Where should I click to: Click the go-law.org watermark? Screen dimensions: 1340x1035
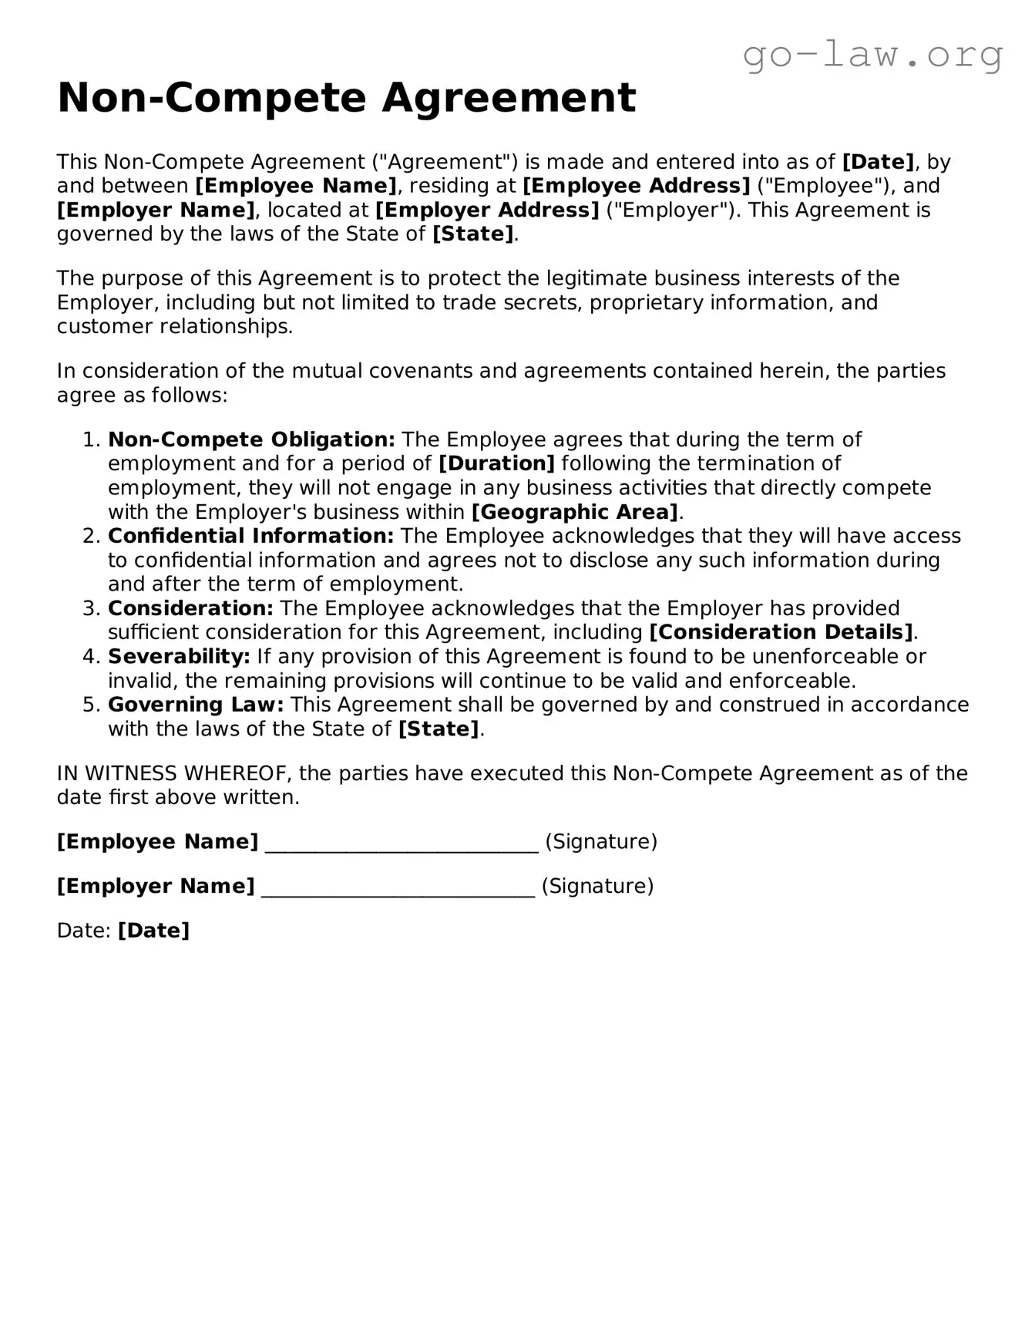click(872, 55)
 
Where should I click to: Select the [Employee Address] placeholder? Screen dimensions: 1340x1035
click(636, 186)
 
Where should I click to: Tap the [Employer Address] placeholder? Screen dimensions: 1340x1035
click(487, 210)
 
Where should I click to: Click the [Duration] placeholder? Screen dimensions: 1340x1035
click(496, 463)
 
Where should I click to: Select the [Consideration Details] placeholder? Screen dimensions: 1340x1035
click(781, 632)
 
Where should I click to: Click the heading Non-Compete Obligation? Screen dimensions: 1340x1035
click(251, 439)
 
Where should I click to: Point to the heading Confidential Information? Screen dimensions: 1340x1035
click(250, 536)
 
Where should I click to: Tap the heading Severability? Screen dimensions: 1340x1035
click(179, 656)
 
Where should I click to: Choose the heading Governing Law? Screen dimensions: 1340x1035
click(196, 705)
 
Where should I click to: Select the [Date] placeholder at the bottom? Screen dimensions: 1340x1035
click(153, 931)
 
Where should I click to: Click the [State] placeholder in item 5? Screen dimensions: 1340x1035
click(439, 729)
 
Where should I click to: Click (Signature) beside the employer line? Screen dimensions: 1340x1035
click(597, 886)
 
